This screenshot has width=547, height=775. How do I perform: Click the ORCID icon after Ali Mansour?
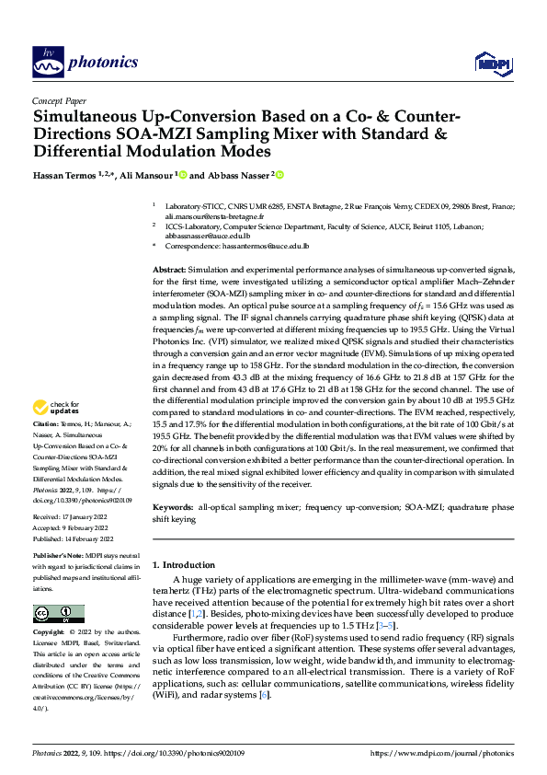pos(183,175)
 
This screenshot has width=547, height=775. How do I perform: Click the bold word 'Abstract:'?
pos(172,267)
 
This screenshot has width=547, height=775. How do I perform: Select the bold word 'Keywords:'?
pos(174,507)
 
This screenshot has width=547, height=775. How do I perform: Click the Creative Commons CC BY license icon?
pos(58,614)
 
